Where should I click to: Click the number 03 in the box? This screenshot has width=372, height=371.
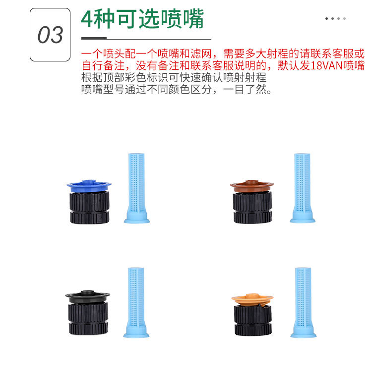pos(50,35)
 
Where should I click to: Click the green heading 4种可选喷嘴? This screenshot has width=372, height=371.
pos(142,19)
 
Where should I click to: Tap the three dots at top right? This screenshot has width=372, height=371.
pos(336,19)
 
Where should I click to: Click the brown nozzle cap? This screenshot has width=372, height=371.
pos(251,186)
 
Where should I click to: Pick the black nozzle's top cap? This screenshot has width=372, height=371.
pos(88,296)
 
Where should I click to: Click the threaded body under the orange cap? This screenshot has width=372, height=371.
pos(252,319)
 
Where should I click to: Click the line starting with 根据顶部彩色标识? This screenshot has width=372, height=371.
pos(174,78)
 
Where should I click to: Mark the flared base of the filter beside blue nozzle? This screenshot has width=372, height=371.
pos(136,217)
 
